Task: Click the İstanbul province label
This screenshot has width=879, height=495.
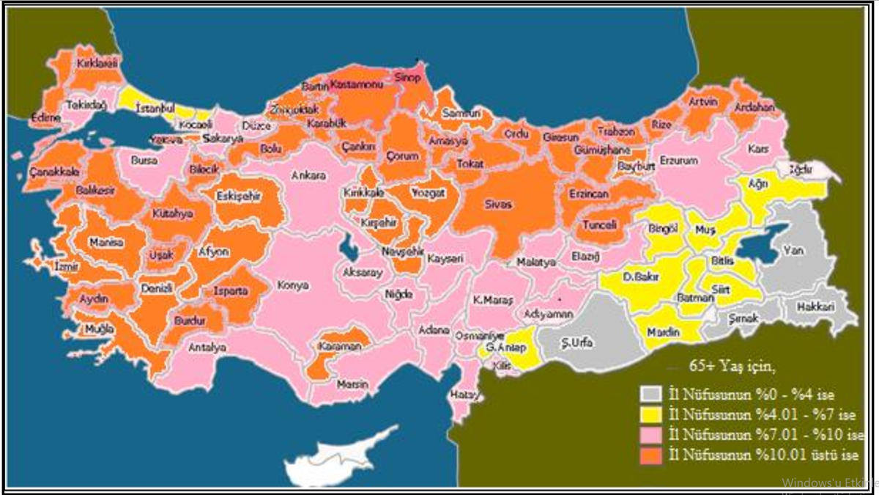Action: point(155,107)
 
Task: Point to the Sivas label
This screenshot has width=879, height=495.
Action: point(497,205)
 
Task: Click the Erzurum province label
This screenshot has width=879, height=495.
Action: point(679,160)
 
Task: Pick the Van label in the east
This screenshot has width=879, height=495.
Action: point(793,250)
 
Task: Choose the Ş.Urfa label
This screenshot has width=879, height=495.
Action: point(576,343)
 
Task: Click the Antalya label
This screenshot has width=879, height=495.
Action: point(207,348)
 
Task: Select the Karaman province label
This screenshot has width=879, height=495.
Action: point(340,345)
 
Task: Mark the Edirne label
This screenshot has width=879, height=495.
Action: point(45,117)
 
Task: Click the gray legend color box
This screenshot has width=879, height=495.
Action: point(650,394)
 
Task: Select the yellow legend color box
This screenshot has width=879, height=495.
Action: point(650,414)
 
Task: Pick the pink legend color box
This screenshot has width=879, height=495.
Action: point(650,434)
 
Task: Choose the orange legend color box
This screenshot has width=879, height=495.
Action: point(650,455)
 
